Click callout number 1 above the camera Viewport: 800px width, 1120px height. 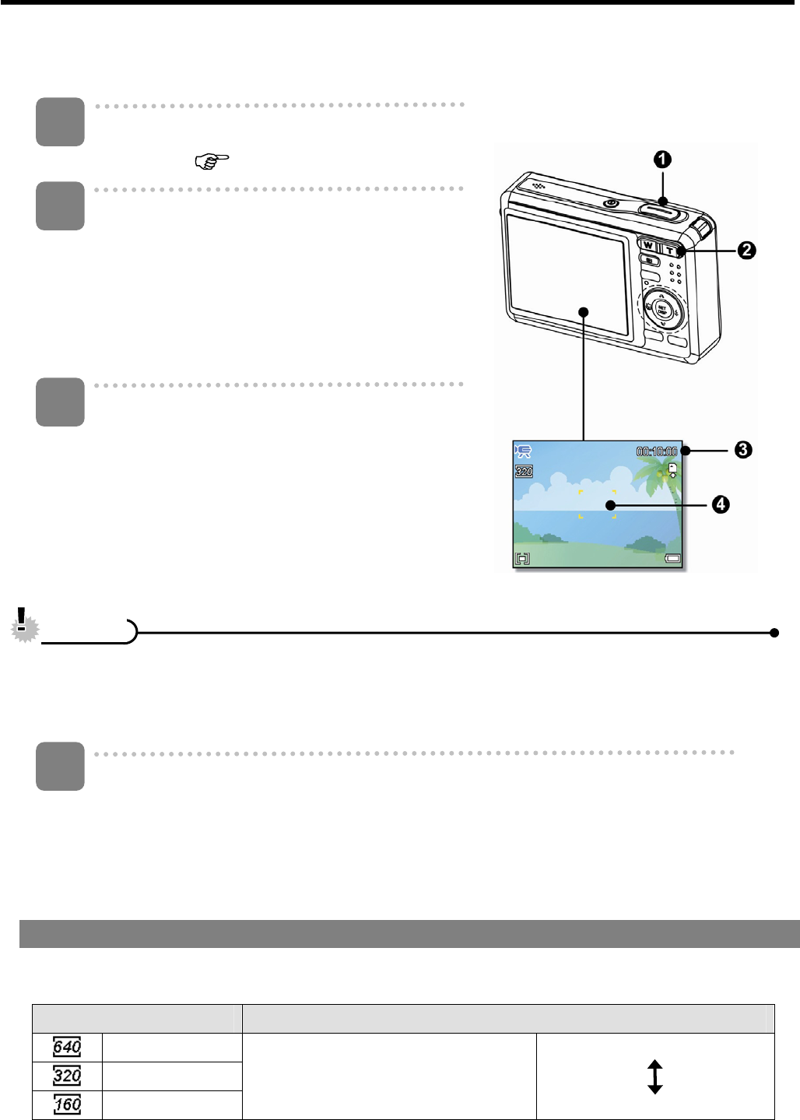click(x=661, y=160)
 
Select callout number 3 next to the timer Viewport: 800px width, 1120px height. click(x=743, y=450)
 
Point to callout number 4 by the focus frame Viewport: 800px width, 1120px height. click(x=721, y=504)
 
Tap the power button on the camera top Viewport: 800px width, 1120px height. click(x=612, y=204)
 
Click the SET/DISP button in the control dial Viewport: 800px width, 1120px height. click(x=661, y=308)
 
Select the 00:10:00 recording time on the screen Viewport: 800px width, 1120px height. click(x=657, y=451)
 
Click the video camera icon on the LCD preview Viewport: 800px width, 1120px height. click(x=524, y=451)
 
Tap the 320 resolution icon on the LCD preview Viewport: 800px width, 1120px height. click(x=525, y=472)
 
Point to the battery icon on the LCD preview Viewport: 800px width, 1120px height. click(x=672, y=558)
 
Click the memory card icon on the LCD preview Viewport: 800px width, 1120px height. click(x=672, y=469)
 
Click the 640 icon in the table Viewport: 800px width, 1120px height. click(x=67, y=1048)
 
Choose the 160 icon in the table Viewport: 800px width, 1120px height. click(x=67, y=1104)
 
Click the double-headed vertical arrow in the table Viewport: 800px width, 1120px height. click(x=654, y=1076)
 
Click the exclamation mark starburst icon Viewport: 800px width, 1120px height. click(x=25, y=625)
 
